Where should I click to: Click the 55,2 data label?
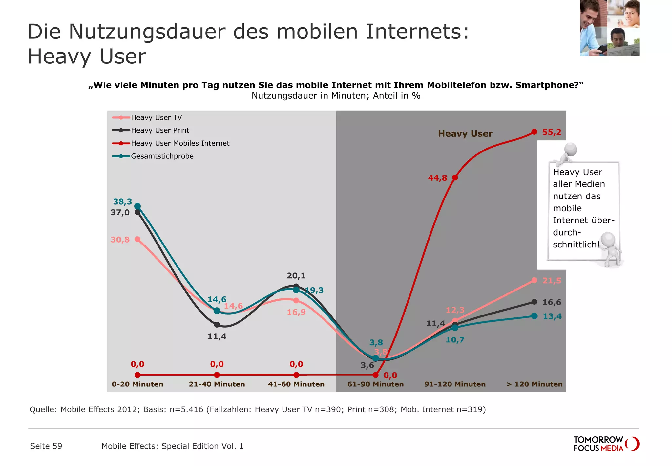click(552, 132)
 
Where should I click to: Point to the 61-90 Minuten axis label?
click(375, 384)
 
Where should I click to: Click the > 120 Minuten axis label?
click(534, 384)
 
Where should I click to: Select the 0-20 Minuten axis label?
click(137, 384)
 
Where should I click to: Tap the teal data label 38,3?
click(122, 202)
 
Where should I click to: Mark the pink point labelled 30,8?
click(138, 239)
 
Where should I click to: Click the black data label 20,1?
click(296, 276)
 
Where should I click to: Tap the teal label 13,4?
click(552, 316)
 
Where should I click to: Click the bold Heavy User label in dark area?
click(465, 134)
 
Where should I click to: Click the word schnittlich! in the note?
click(576, 245)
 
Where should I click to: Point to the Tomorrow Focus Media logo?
click(606, 444)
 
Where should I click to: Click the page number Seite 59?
click(46, 446)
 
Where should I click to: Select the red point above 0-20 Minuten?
click(138, 375)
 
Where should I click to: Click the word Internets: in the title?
click(417, 32)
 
